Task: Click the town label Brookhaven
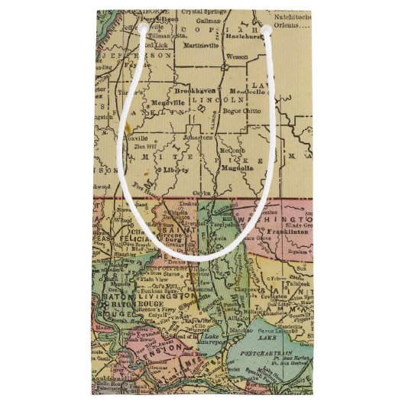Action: pos(193,89)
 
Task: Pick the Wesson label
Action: pos(235,57)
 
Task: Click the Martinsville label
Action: pos(202,46)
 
